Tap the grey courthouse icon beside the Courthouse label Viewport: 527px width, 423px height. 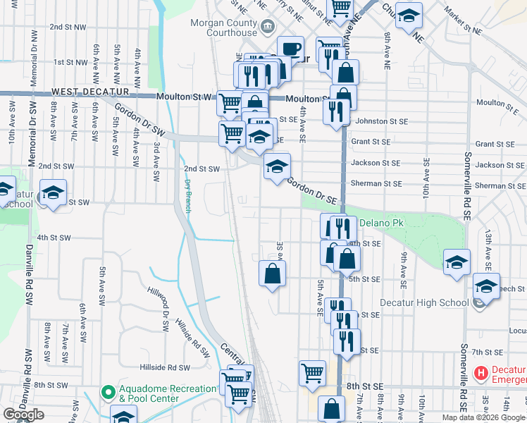coord(268,28)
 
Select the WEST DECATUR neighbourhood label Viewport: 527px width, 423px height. coord(89,92)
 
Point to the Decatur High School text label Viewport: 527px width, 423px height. coord(423,303)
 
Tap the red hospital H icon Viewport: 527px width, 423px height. coord(481,373)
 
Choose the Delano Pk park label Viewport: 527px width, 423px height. coord(380,223)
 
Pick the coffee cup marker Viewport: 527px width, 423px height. coord(290,49)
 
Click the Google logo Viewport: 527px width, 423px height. coord(23,415)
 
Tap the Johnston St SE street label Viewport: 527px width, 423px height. coord(382,121)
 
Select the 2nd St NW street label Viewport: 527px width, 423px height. coord(68,26)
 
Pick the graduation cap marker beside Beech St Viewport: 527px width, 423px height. coord(486,286)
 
